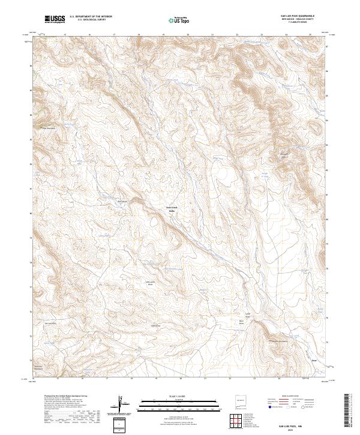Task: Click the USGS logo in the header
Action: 55,20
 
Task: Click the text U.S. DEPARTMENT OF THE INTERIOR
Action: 91,17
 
